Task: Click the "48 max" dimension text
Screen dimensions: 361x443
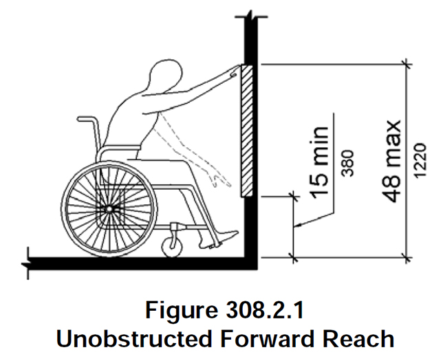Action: click(x=393, y=161)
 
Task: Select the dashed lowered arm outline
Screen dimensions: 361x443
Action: click(x=199, y=158)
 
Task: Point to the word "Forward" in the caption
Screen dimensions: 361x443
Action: click(x=262, y=338)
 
